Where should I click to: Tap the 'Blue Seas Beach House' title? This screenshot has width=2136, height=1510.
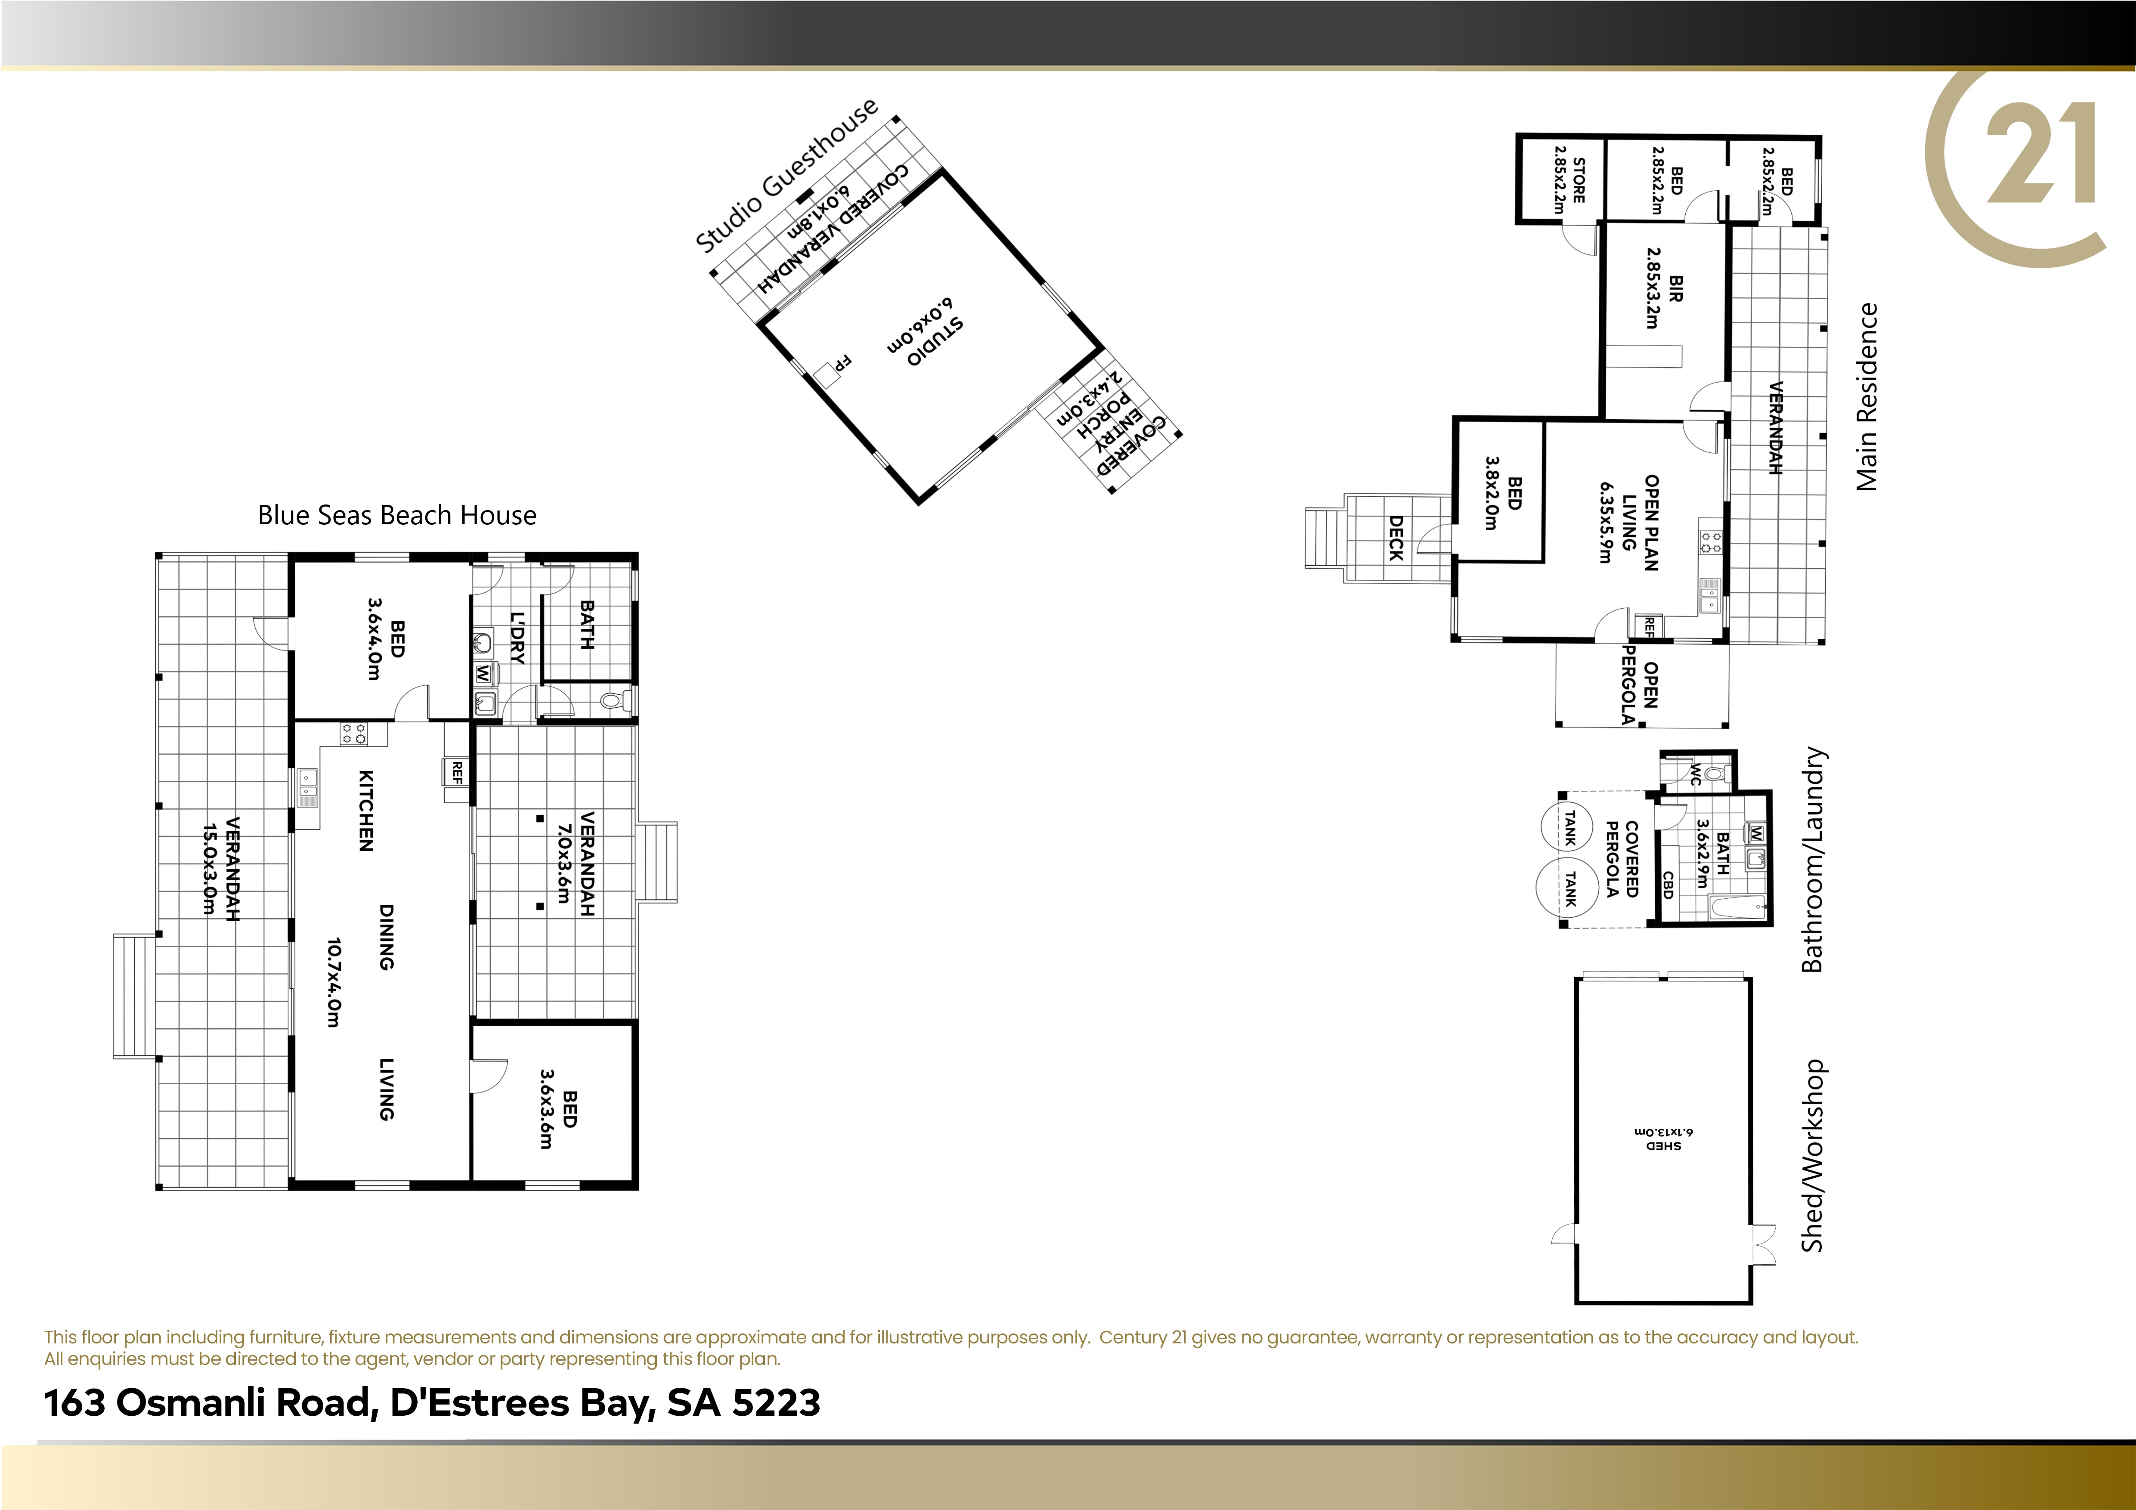(397, 515)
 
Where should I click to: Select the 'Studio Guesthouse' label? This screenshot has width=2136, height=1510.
(786, 175)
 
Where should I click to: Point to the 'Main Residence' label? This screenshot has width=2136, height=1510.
(1866, 397)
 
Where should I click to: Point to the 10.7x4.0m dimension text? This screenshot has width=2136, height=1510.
(334, 982)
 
